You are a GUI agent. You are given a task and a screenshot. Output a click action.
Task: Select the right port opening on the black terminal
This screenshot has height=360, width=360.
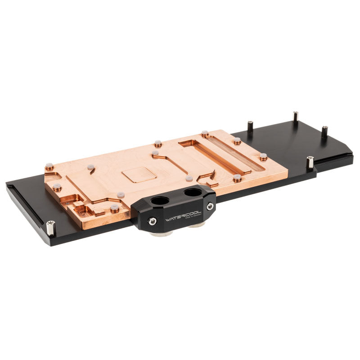(192, 193)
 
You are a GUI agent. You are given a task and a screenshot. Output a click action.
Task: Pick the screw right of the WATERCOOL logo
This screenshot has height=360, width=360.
(210, 206)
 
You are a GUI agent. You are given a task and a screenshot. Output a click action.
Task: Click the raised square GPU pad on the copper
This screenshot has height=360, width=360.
(139, 172)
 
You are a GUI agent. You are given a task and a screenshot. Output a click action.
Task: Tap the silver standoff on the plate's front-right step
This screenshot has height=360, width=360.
(310, 162)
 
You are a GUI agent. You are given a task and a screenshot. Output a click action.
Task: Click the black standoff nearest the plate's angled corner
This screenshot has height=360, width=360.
(324, 132)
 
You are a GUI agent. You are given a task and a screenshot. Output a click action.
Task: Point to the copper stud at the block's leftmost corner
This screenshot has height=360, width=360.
(49, 167)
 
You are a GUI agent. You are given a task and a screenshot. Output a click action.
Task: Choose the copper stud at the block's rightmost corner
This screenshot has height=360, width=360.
(263, 157)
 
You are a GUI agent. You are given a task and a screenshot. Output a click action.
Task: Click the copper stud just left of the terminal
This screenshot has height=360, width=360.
(115, 208)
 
